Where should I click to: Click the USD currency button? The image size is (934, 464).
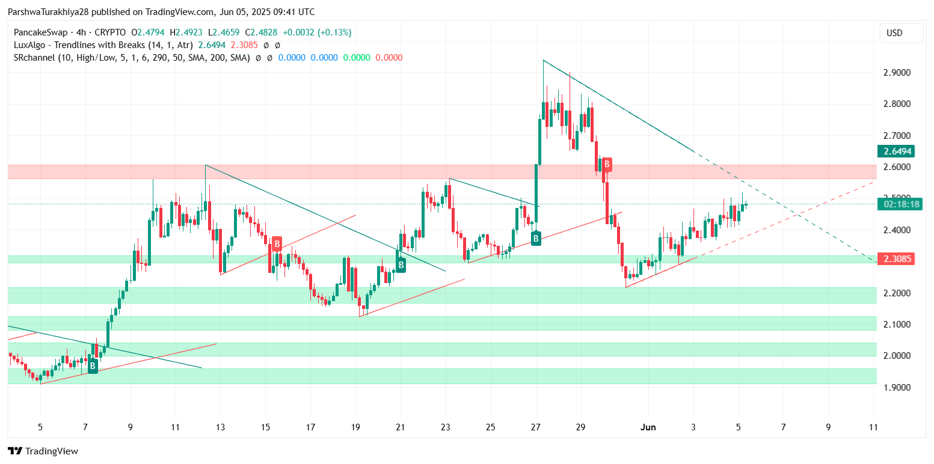901,33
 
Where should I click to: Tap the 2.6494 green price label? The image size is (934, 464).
899,151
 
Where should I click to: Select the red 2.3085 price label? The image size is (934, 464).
899,260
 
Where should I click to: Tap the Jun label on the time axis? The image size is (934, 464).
648,427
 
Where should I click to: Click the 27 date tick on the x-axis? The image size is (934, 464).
536,427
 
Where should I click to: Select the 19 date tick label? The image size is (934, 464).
355,427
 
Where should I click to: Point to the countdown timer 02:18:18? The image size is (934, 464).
899,204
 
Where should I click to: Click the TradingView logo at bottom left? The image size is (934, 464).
43,451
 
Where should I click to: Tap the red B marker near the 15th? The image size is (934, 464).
277,243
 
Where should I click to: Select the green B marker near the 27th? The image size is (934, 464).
535,239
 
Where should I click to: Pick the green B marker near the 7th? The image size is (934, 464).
93,365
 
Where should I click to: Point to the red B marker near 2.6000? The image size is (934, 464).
607,163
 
